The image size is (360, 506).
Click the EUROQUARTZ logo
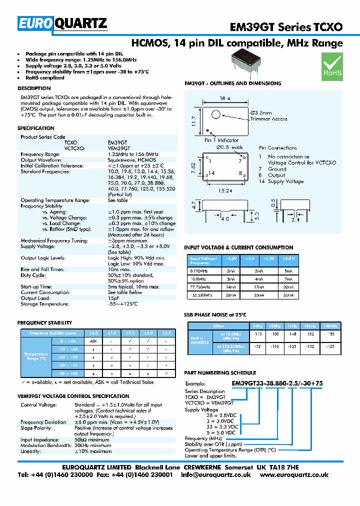62,23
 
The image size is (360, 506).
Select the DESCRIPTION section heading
34,88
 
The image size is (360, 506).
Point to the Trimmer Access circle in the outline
216,114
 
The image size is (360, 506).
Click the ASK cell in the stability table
92,340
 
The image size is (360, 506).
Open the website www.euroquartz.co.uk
294,475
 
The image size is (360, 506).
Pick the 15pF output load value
113,298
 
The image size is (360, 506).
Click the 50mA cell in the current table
288,295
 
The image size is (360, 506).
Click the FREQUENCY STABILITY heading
44,323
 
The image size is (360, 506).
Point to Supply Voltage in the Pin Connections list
286,182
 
